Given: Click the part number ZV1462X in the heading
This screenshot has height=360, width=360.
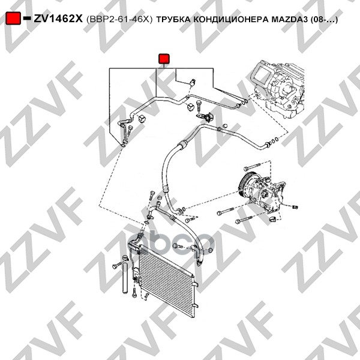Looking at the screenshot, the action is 58,19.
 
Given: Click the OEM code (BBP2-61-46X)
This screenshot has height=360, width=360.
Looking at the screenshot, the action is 119,20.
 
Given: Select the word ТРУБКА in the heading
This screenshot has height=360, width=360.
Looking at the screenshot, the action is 173,20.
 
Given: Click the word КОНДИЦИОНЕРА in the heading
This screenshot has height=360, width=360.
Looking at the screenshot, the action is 231,20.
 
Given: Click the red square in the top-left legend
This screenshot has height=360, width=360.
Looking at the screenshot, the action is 13,18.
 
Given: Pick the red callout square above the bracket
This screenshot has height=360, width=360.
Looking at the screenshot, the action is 164,59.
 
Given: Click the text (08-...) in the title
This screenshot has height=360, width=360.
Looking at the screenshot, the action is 324,20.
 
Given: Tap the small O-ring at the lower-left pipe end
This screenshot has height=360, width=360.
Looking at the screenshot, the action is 123,145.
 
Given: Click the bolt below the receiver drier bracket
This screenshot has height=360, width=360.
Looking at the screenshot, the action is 134,293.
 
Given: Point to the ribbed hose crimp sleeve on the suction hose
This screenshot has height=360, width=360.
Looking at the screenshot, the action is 182,144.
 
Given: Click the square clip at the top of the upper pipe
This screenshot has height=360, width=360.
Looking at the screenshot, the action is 193,82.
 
